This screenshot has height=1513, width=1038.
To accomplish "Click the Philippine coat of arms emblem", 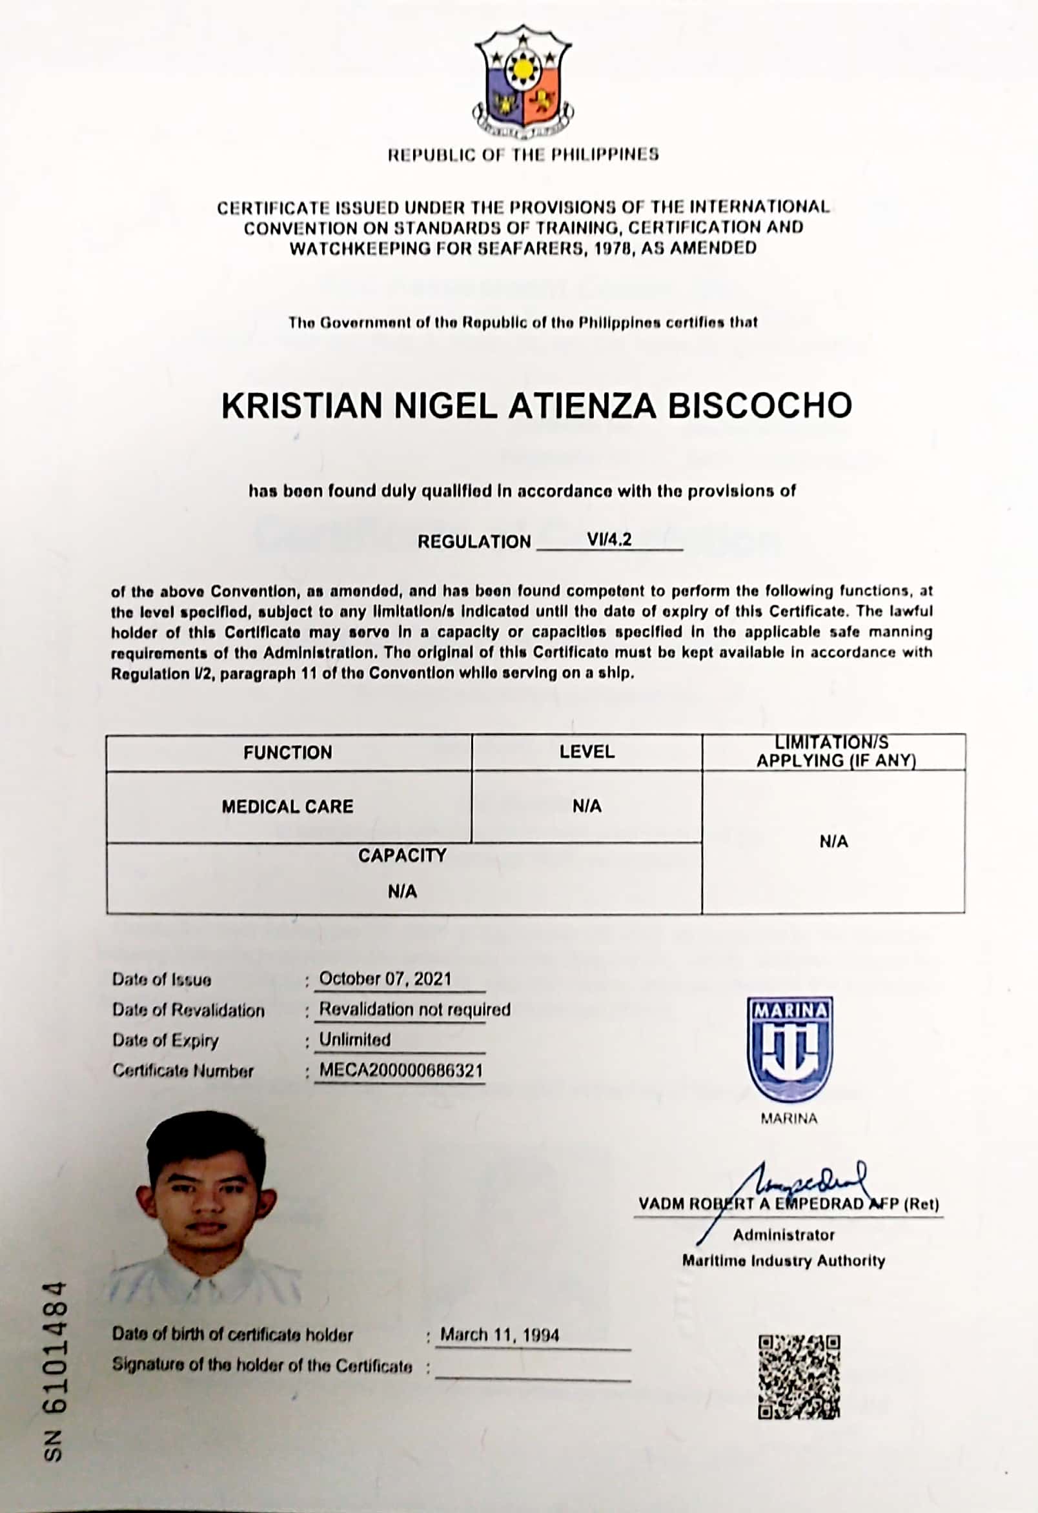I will (523, 83).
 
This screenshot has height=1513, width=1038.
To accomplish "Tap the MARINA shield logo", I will (789, 1049).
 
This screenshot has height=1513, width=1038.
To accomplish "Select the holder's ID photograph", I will (207, 1206).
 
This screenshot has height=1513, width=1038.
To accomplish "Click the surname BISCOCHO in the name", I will (760, 405).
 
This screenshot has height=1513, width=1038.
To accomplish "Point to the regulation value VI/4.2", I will (609, 540).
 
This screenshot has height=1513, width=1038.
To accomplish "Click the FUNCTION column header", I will (288, 753).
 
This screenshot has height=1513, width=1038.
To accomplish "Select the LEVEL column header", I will (587, 752).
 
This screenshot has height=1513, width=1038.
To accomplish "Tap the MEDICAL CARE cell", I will (288, 807).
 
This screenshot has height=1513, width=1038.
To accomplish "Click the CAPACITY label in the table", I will (402, 855).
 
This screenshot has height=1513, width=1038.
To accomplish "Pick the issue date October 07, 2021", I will (385, 979).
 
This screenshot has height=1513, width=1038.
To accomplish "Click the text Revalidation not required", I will (414, 1010).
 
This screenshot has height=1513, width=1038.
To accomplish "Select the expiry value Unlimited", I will (355, 1040).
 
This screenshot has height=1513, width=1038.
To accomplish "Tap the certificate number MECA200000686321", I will (400, 1071).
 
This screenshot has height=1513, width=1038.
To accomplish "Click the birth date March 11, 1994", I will (500, 1335).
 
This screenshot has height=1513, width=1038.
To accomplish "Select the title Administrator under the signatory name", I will (784, 1235).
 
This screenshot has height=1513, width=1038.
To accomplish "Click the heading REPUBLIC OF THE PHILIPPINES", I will (523, 155).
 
